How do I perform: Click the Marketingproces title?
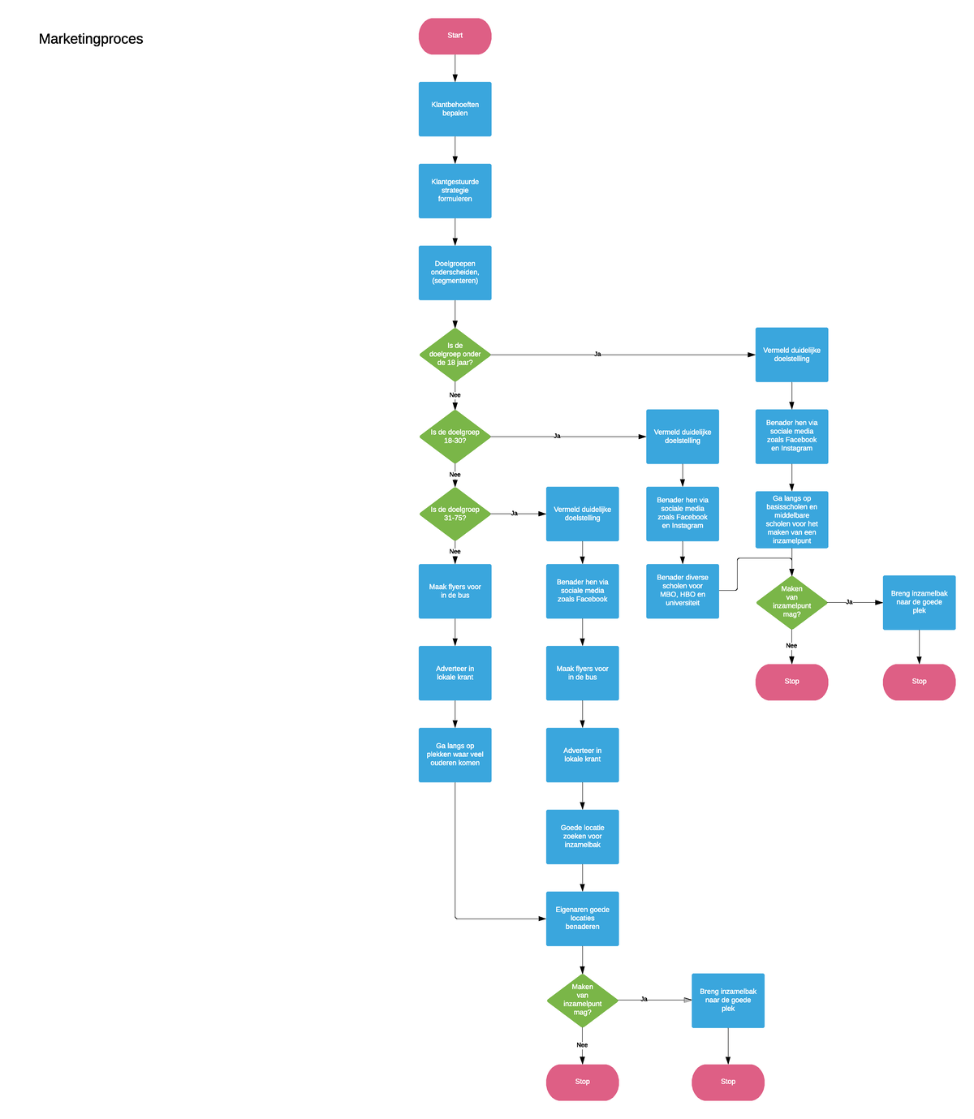(x=91, y=39)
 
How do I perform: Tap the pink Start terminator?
(x=455, y=36)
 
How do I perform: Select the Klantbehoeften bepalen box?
(x=455, y=109)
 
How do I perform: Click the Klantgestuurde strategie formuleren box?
(x=455, y=191)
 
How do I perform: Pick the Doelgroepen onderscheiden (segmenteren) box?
(x=455, y=273)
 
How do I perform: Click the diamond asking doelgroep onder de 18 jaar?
(x=455, y=355)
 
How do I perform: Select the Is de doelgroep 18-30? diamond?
(x=455, y=437)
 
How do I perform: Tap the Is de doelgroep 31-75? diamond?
(x=455, y=514)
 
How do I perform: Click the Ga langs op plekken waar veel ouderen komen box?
(x=455, y=754)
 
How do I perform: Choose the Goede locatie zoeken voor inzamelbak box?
(x=582, y=837)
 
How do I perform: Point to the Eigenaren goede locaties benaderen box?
(x=582, y=919)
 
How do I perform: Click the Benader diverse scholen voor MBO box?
(x=682, y=591)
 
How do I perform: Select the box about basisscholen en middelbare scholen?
(x=791, y=519)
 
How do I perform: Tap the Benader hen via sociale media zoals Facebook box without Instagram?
(x=582, y=591)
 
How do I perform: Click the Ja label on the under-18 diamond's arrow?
(x=597, y=354)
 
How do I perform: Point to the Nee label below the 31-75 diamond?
(x=455, y=551)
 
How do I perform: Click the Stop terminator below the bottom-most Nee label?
(x=582, y=1081)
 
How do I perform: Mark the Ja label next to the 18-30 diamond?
(x=557, y=436)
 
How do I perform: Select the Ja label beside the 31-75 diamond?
(x=514, y=513)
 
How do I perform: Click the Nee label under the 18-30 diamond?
(x=455, y=474)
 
